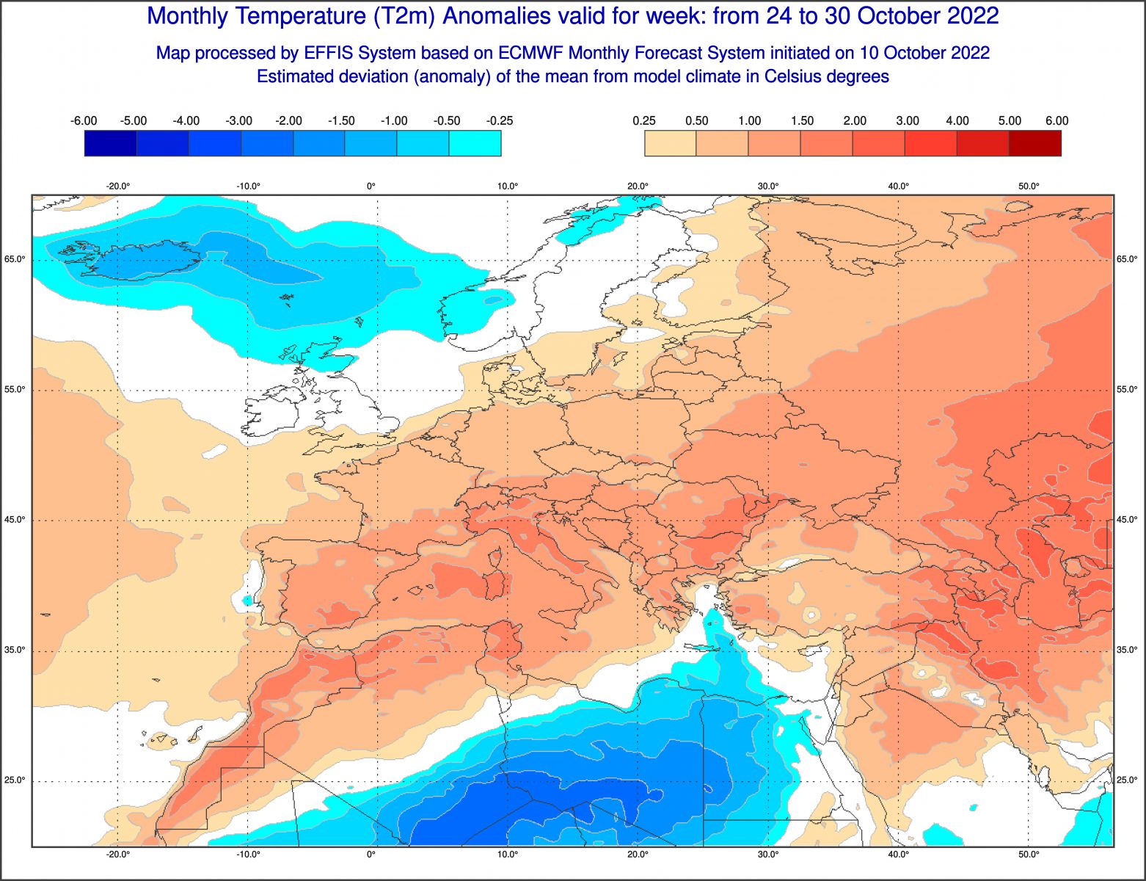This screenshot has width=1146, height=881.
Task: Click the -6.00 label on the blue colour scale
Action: pos(84,121)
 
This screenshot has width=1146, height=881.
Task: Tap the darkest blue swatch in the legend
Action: pos(110,143)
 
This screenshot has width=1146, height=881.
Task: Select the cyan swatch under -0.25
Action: pos(475,143)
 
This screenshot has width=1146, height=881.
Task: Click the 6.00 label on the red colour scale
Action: pos(1056,121)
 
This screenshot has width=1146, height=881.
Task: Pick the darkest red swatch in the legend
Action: pos(1035,143)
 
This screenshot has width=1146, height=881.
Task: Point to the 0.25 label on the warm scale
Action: pos(644,121)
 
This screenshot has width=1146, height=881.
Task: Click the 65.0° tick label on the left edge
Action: pos(16,259)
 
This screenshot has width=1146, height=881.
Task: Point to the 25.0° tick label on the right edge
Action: pos(1127,780)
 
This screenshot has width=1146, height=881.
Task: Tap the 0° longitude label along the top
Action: pos(371,186)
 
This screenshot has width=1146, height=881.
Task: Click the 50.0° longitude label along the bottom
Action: pos(1029,855)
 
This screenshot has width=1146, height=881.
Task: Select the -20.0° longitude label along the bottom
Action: pos(118,855)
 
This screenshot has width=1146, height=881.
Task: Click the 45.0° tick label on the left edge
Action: pos(16,520)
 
